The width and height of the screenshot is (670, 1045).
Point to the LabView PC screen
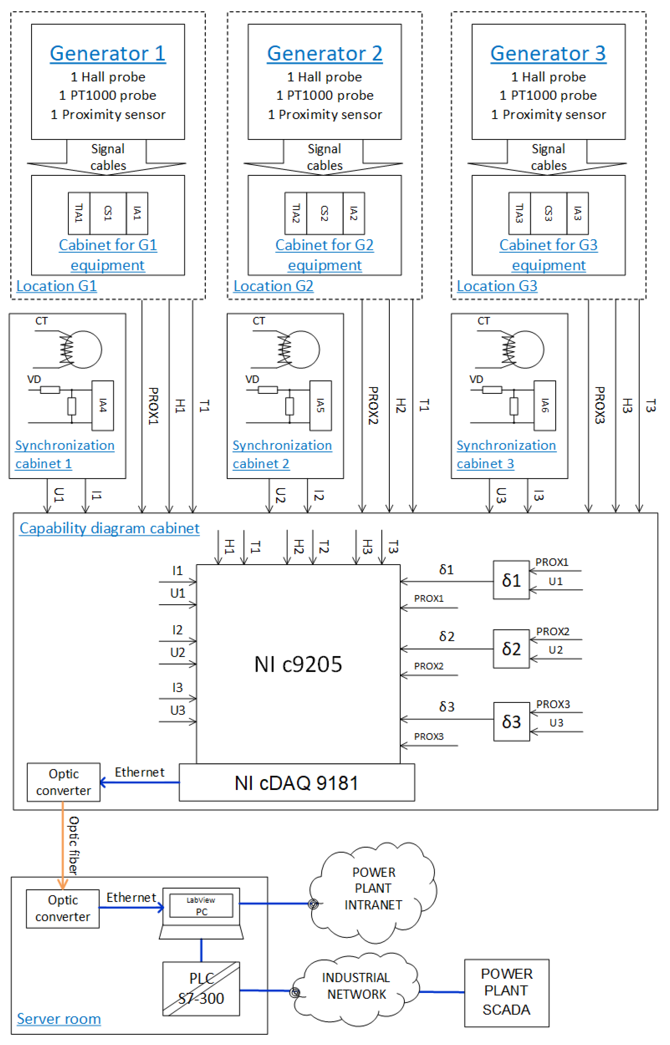[201, 906]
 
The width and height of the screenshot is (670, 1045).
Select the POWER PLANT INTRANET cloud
[373, 889]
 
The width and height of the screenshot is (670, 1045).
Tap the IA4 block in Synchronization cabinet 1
[103, 406]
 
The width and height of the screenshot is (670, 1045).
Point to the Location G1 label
[57, 286]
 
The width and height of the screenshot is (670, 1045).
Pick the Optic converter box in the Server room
[63, 909]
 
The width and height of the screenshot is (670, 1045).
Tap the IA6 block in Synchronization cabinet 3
[545, 406]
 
